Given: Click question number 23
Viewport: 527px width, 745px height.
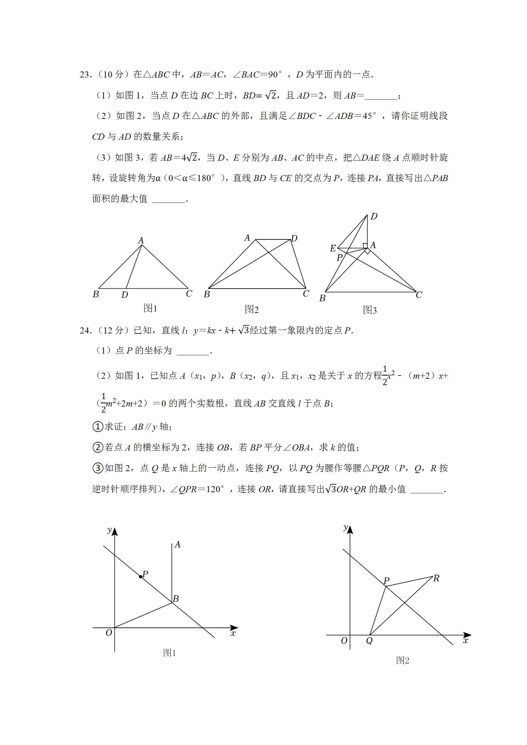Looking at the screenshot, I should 85,75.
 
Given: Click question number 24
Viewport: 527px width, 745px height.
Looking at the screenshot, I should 85,331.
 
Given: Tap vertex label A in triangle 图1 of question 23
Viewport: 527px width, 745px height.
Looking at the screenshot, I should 141,240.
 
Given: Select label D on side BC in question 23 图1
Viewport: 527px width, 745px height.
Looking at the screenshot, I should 125,295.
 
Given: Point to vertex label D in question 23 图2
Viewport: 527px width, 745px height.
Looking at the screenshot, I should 294,238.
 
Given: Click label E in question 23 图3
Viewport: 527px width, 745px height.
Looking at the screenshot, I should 333,249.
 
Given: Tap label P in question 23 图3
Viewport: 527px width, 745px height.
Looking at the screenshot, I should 340,258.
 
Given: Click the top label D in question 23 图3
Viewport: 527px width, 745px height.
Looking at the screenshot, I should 374,216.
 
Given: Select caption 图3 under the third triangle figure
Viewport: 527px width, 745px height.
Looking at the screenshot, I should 370,310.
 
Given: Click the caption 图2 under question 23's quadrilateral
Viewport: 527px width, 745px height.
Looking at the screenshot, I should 252,310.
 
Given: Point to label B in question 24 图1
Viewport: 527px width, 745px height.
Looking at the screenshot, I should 176,599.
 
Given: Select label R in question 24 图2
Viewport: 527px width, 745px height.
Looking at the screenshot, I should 436,578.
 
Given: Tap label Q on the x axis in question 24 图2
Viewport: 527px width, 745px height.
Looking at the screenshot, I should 369,641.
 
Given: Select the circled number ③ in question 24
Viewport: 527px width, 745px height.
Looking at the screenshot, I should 98,468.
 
